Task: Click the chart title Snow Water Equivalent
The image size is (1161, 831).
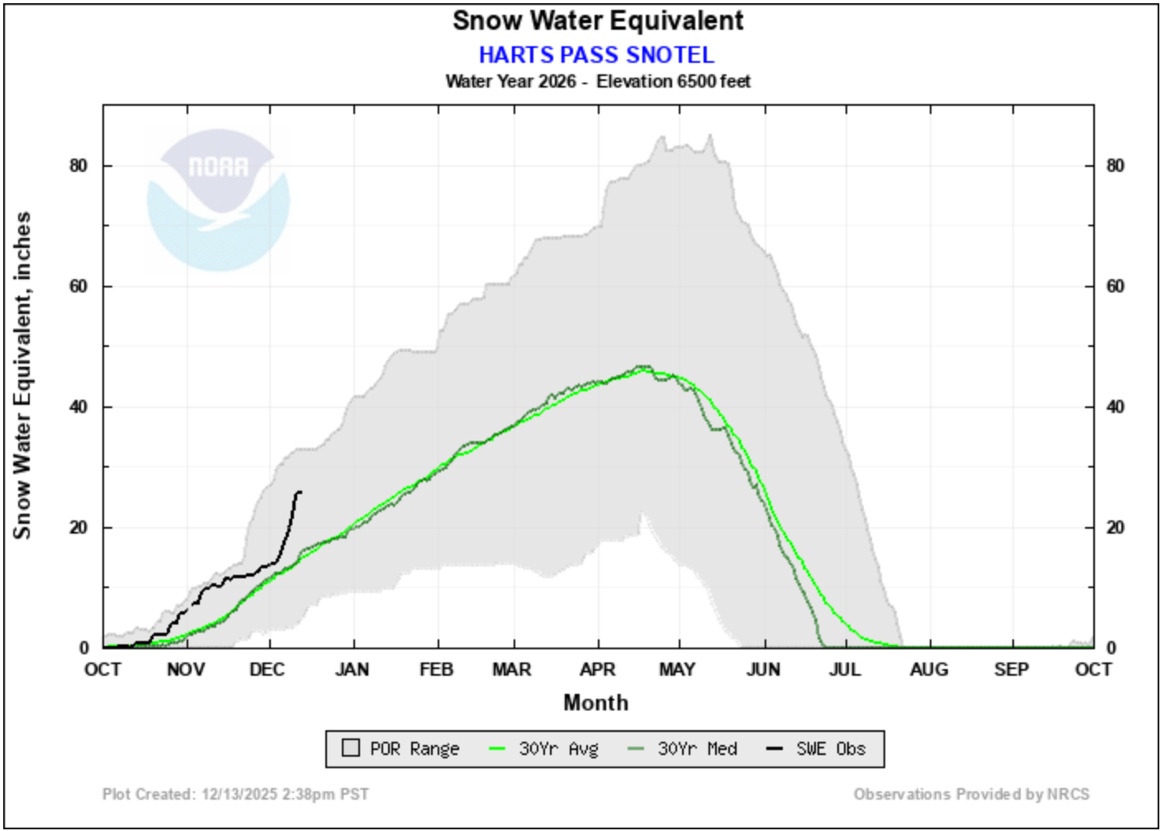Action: pos(597,21)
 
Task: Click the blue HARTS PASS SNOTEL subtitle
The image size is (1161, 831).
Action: pos(596,55)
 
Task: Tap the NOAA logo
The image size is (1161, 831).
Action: pos(218,199)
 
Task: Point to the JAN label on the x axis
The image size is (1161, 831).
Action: pos(352,669)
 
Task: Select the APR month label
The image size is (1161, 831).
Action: pos(597,669)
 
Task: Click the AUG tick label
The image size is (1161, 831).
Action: pos(929,669)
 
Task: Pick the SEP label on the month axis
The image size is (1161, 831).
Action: pos(1012,669)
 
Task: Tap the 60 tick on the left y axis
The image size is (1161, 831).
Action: pos(78,287)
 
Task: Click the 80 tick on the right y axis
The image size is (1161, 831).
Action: pos(1116,166)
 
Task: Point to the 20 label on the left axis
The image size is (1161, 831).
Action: pos(78,528)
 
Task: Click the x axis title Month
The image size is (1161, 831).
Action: pos(595,703)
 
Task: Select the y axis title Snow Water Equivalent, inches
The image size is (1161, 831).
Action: pos(22,376)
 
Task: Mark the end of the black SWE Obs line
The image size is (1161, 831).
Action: pos(301,492)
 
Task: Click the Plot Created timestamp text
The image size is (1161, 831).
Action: pos(235,794)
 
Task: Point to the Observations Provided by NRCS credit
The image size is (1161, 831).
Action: pos(971,794)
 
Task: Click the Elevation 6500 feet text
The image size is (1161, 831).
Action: pos(673,81)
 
